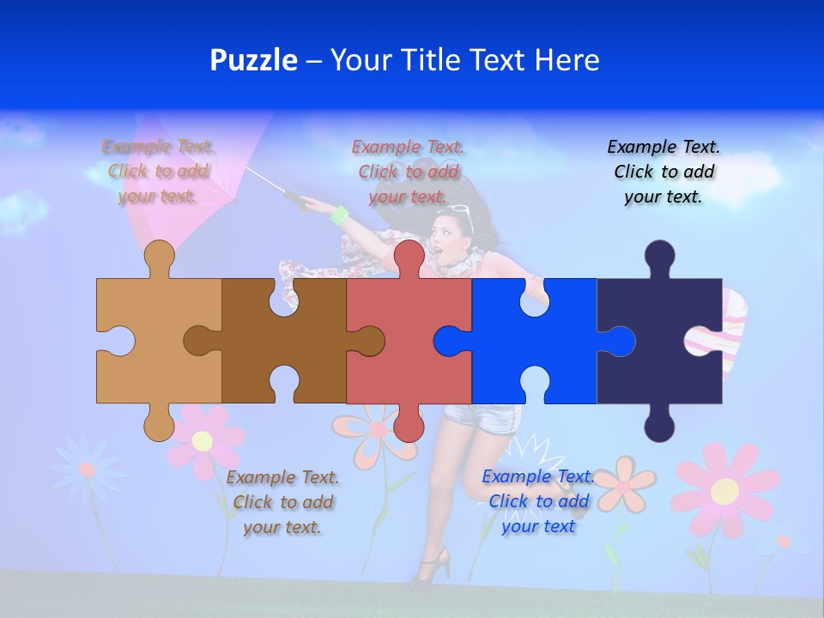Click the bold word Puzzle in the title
254,60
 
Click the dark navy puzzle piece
652,360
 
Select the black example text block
663,172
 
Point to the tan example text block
158,172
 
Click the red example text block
408,172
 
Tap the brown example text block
282,502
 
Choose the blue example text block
538,501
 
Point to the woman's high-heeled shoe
433,567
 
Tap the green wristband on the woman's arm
340,215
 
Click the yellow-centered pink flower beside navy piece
725,490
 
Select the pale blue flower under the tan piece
86,470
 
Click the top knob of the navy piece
659,256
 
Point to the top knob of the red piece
409,256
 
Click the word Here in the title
566,60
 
